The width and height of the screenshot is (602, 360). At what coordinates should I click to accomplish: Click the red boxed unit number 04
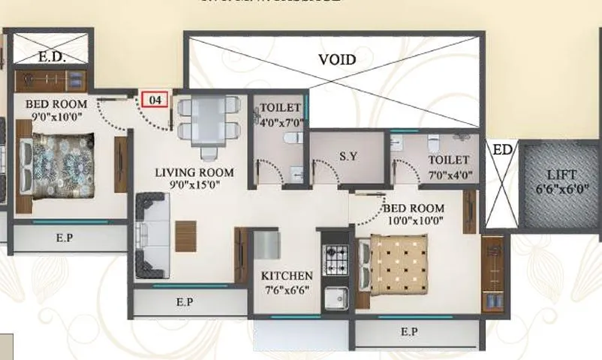coord(155,99)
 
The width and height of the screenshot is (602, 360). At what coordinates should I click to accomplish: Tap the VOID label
coord(336,59)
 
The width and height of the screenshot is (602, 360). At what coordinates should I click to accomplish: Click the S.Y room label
coord(347,157)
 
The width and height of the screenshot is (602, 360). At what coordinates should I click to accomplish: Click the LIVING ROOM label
coord(194,172)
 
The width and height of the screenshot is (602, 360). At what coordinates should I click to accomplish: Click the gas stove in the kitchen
coord(334,261)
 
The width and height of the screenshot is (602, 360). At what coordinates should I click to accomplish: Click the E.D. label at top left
coord(51,57)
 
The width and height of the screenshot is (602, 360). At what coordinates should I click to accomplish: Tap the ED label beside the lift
coord(502,150)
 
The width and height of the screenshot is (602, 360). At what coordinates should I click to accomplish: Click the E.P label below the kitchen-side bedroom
coord(409,331)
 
